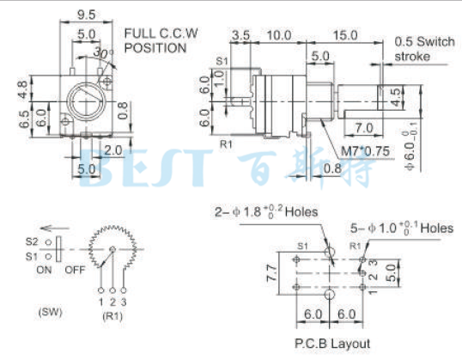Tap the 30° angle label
[x=105, y=54]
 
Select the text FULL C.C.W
[x=161, y=34]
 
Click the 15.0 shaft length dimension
[x=345, y=35]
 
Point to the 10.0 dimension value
[x=278, y=35]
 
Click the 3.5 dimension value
[x=241, y=35]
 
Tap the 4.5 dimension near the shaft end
[x=395, y=95]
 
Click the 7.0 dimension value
[x=362, y=127]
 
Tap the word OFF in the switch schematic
[x=74, y=267]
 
